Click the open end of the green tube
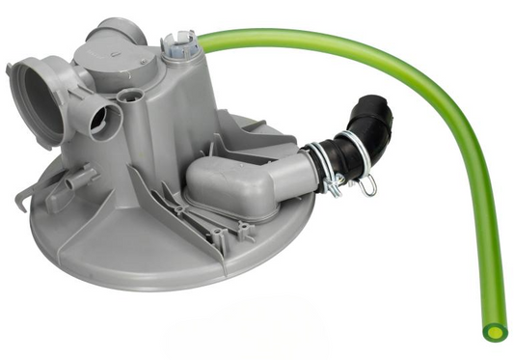tap(494, 331)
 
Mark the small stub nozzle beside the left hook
tap(77, 180)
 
